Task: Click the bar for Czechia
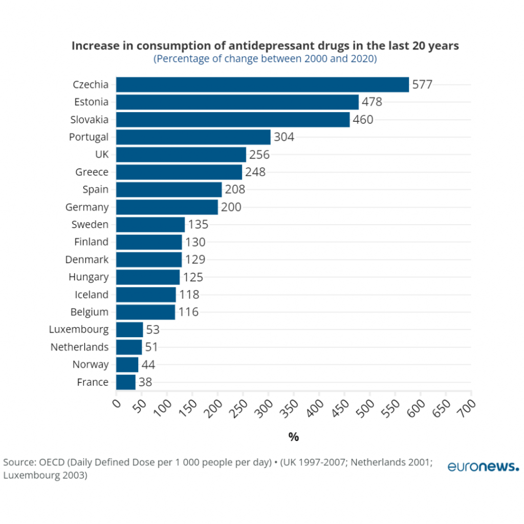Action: point(262,84)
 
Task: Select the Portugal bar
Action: point(193,137)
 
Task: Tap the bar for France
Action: point(125,382)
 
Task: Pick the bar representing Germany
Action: point(167,207)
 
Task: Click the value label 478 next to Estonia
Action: point(372,102)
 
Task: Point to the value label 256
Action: point(259,155)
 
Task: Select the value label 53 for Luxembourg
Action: point(153,330)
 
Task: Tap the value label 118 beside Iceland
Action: point(189,295)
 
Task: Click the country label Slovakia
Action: point(89,120)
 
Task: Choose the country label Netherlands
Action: point(79,347)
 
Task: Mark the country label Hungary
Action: point(89,277)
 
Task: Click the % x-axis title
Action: point(293,437)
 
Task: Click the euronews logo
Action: point(483,466)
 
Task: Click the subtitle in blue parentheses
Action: point(265,59)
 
